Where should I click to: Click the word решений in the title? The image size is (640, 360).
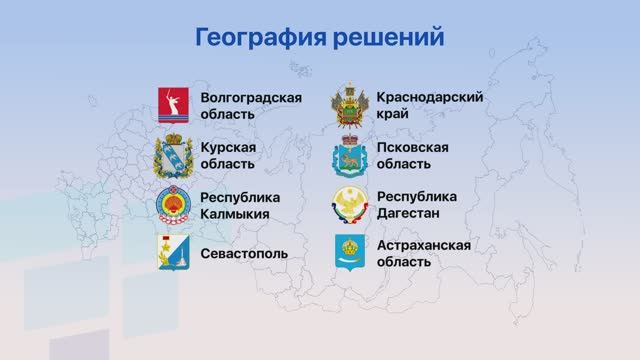pos(393,38)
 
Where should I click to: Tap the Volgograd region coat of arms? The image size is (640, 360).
pos(173,105)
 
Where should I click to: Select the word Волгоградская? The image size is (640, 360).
pos(251,98)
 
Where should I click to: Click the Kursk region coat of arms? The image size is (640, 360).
pos(173,155)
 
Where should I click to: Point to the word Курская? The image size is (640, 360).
pos(228,147)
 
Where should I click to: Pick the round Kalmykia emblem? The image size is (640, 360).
pos(173,205)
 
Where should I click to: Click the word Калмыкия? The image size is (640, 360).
pos(236,213)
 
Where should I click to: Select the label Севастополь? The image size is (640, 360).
pos(244,253)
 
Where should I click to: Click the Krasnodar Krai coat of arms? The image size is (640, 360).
pos(351,105)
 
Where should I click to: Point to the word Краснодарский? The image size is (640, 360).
pos(429,98)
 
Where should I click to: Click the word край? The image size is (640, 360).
pos(394,114)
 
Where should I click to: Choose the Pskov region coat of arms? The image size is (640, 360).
pos(351,155)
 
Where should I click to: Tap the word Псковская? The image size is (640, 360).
pos(412,147)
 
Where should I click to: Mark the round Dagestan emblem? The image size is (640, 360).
pos(351,205)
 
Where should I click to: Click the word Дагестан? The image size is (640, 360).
pos(410,213)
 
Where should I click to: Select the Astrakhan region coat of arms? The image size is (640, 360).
pos(351,253)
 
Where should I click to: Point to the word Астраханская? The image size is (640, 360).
pos(424,245)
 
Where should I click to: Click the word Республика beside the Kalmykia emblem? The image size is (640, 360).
pos(240,197)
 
